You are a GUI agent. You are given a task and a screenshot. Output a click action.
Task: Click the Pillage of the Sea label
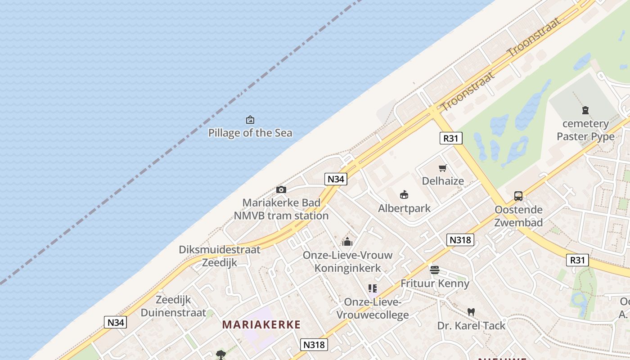pyautogui.click(x=250, y=133)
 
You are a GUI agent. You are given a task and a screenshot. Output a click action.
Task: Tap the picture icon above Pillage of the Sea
pyautogui.click(x=250, y=120)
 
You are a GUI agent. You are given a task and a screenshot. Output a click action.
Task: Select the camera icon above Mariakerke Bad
pyautogui.click(x=281, y=189)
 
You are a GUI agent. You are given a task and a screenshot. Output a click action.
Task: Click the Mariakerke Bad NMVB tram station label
pyautogui.click(x=281, y=209)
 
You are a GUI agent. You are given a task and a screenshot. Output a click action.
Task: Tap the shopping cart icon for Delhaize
pyautogui.click(x=443, y=168)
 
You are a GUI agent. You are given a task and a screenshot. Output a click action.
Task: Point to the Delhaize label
pyautogui.click(x=443, y=181)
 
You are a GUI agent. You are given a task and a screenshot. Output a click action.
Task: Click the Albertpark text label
pyautogui.click(x=404, y=208)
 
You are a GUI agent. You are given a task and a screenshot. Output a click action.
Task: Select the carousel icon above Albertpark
pyautogui.click(x=404, y=195)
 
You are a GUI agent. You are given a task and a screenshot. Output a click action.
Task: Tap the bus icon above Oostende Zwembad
pyautogui.click(x=518, y=196)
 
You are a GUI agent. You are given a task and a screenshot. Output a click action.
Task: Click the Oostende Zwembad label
pyautogui.click(x=518, y=216)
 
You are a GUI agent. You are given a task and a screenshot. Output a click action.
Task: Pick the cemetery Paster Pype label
pyautogui.click(x=585, y=130)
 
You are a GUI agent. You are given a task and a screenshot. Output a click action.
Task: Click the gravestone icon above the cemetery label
pyautogui.click(x=585, y=110)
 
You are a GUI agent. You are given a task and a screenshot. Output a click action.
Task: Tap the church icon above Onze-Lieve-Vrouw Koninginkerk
pyautogui.click(x=347, y=242)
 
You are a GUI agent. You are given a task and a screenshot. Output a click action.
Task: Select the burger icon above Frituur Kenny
pyautogui.click(x=435, y=270)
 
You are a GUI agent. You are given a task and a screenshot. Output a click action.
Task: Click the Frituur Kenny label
pyautogui.click(x=435, y=283)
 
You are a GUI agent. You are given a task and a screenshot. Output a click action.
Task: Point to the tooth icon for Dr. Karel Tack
pyautogui.click(x=471, y=312)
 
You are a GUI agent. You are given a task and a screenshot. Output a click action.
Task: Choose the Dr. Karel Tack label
pyautogui.click(x=471, y=325)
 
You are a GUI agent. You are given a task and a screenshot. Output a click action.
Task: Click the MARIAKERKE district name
pyautogui.click(x=261, y=324)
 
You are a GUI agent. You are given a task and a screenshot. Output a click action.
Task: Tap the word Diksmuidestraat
pyautogui.click(x=220, y=250)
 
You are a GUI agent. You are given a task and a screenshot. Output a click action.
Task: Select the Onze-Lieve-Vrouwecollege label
pyautogui.click(x=373, y=308)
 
